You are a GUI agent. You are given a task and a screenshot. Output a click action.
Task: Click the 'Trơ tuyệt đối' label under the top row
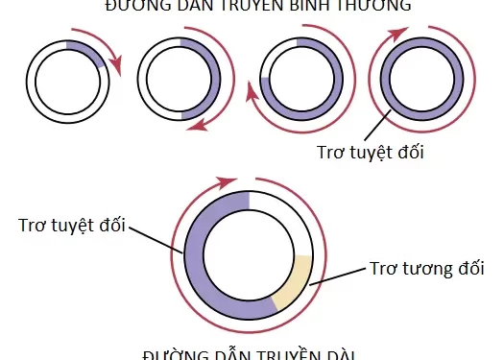click(x=370, y=151)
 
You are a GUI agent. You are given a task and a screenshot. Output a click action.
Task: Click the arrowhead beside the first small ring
click(x=117, y=68)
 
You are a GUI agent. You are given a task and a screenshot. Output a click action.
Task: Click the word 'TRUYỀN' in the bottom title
click(x=277, y=355)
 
